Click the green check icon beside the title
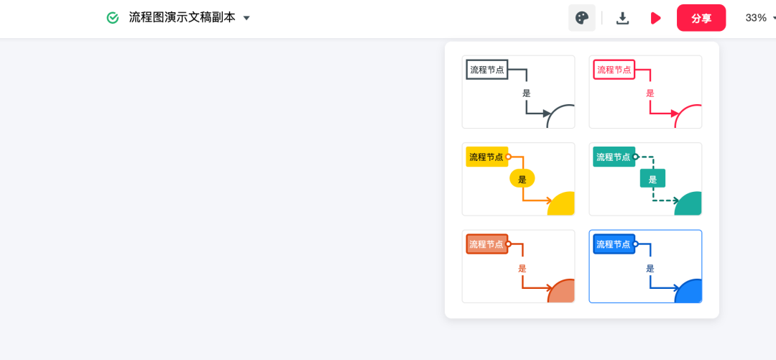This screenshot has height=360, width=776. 113,18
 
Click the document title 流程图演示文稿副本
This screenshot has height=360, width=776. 182,18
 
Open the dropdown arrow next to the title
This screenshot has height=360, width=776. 246,18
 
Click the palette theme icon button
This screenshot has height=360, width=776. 582,18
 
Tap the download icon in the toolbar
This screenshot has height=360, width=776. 623,18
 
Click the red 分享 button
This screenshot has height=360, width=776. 701,18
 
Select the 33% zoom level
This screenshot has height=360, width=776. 756,18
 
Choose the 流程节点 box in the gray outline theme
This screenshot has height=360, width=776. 486,70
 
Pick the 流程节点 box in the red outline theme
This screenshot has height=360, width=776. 614,70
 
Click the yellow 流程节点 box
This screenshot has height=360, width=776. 486,157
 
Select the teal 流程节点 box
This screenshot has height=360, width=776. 614,157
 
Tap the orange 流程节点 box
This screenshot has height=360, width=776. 486,244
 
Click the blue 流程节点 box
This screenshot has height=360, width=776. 614,244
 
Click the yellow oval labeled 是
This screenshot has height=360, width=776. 522,179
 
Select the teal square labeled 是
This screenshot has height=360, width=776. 652,179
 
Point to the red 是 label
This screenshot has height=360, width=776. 650,93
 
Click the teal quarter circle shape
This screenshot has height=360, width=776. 690,206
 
